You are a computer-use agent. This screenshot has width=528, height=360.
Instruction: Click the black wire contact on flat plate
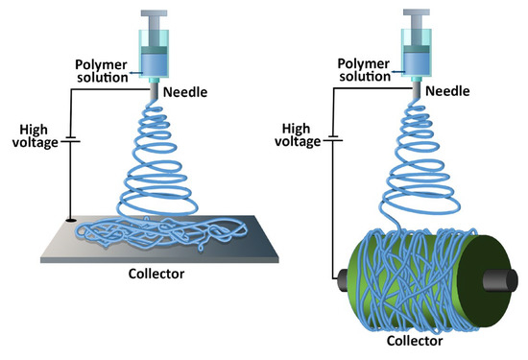(x=68, y=220)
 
